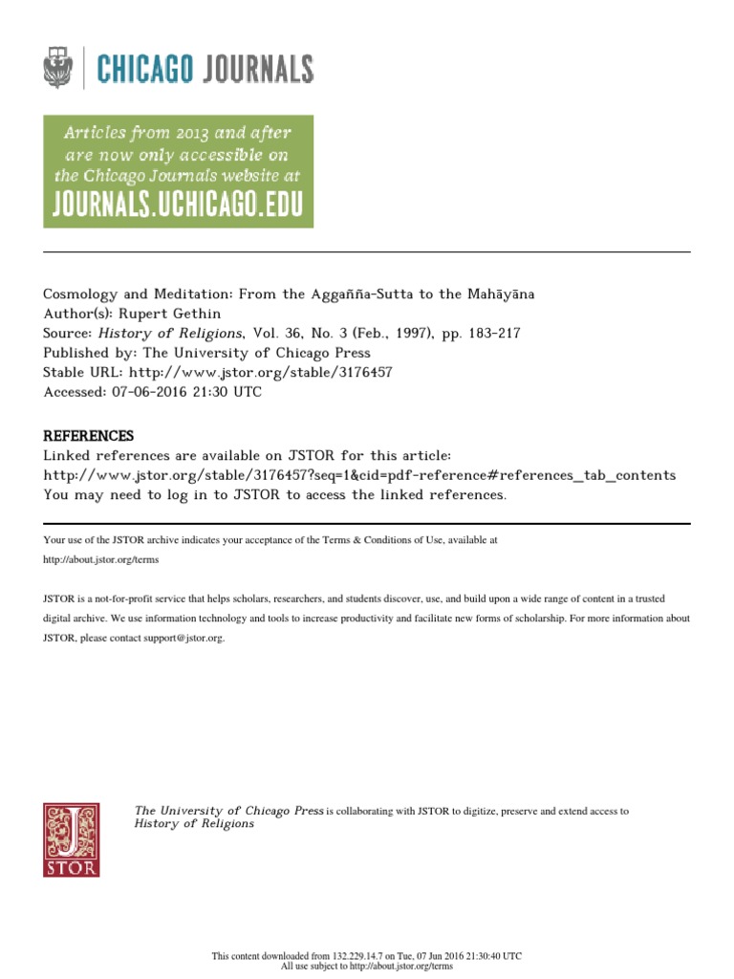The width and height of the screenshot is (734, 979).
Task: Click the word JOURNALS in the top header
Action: click(256, 69)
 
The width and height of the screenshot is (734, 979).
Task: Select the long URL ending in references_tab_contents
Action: click(359, 475)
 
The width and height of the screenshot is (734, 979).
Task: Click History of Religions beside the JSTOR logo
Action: click(194, 824)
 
